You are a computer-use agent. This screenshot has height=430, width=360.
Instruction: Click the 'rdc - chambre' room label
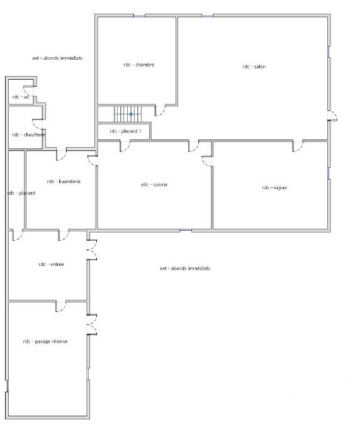coord(138,65)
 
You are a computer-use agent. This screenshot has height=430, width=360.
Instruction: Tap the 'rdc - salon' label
coord(254,67)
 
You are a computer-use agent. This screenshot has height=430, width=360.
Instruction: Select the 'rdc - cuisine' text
coord(154,185)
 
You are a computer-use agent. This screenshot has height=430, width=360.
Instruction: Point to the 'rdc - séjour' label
coord(274,187)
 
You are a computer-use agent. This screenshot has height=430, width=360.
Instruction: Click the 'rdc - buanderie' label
coord(64,181)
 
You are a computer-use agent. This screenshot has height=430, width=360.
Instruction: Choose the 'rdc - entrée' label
coord(51,265)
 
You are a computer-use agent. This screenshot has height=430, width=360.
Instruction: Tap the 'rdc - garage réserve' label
coord(45,341)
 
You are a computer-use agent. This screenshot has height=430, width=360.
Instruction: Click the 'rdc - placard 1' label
coord(125,131)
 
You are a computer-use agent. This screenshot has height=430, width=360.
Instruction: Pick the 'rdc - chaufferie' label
coord(28,135)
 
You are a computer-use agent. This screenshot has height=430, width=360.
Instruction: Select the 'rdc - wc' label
coord(21,97)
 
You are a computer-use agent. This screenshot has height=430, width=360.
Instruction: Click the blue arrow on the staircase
coord(131,114)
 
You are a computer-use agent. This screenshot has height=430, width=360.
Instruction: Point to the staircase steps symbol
coord(128,114)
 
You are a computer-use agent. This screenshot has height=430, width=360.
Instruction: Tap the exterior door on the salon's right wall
coord(333,116)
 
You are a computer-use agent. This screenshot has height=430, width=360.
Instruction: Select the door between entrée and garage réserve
coord(61,307)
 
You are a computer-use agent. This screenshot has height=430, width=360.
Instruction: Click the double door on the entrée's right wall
coord(93,250)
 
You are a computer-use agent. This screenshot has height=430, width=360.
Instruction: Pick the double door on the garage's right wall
coord(93,324)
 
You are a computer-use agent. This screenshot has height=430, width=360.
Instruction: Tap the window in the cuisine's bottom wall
coord(186,231)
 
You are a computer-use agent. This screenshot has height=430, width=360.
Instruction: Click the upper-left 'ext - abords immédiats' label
coord(57,58)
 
